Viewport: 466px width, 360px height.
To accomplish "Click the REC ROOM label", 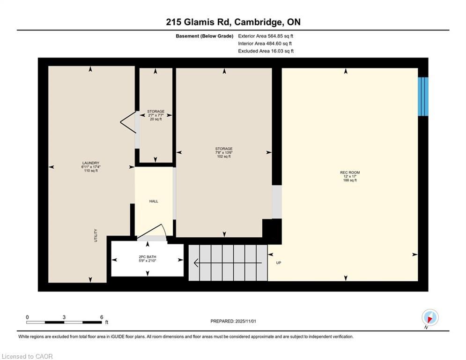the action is pos(350,172).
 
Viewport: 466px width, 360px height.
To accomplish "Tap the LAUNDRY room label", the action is pos(91,163).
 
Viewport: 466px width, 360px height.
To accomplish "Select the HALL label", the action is pos(154,202).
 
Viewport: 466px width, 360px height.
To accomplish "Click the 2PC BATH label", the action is pos(148,257).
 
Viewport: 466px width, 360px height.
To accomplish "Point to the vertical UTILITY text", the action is pos(96,235).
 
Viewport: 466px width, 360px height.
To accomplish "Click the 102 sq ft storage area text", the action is pos(224,157).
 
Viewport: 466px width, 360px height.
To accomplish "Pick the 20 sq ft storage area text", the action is pos(156,120).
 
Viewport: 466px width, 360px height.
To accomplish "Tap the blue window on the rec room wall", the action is pos(423,97).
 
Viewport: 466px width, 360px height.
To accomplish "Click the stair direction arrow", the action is pos(228,263).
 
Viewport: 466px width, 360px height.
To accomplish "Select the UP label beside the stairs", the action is pos(279,263).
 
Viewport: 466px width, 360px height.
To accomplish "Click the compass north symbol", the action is pos(430,317).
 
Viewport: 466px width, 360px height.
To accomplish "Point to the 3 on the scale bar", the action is pos(64,317).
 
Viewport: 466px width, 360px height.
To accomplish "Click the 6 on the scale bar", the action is pos(102,317).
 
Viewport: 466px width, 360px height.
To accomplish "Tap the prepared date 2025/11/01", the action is pos(245,321).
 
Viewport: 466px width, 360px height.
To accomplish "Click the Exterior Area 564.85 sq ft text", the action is pos(266,36).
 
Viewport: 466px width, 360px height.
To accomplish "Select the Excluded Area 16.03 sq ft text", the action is pos(266,51).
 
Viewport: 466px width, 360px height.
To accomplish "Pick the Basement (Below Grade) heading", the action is pos(205,36).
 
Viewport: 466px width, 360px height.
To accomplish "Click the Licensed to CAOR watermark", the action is pos(27,356).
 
